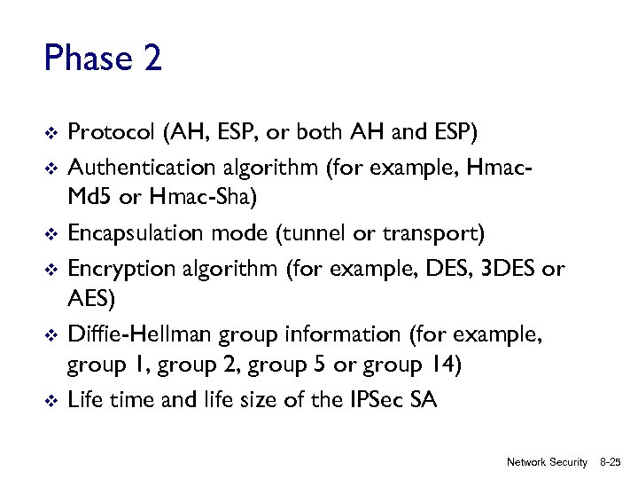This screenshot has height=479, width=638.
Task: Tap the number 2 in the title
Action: click(x=151, y=59)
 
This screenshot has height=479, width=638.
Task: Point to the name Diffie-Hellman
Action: click(x=138, y=335)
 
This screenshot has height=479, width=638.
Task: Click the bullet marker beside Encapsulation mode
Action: click(x=50, y=235)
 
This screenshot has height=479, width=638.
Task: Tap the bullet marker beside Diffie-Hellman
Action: click(x=50, y=336)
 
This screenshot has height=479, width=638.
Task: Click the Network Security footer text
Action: click(x=547, y=462)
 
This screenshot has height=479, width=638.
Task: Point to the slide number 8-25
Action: click(x=611, y=462)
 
